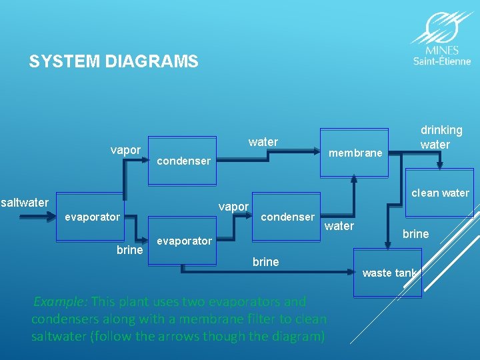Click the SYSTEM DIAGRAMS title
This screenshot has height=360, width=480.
click(113, 62)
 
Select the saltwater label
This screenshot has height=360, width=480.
click(25, 203)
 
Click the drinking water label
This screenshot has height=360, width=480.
click(441, 137)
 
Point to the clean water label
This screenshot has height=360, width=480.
click(440, 193)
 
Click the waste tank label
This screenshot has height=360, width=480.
click(389, 273)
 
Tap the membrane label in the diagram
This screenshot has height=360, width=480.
click(356, 153)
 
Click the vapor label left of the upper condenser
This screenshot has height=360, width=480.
click(125, 150)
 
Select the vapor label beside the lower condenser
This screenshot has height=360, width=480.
click(233, 207)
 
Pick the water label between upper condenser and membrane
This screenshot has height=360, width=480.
click(263, 141)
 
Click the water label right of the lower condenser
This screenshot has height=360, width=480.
click(339, 226)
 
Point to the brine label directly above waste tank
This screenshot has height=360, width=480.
click(416, 234)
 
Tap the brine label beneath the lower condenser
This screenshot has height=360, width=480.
click(265, 262)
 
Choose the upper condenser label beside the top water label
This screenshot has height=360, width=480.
click(183, 161)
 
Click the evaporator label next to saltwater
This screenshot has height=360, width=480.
click(92, 217)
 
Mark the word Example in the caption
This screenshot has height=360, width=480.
click(59, 301)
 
